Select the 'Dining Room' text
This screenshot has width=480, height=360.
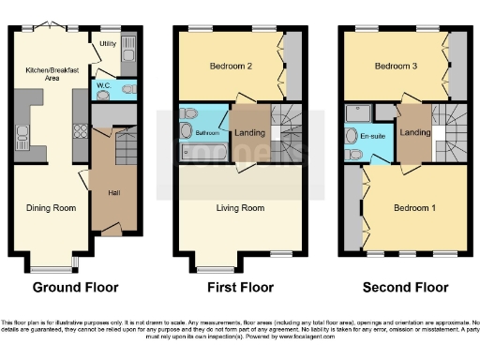(x=52, y=208)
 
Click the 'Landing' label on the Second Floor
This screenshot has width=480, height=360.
(x=413, y=133)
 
